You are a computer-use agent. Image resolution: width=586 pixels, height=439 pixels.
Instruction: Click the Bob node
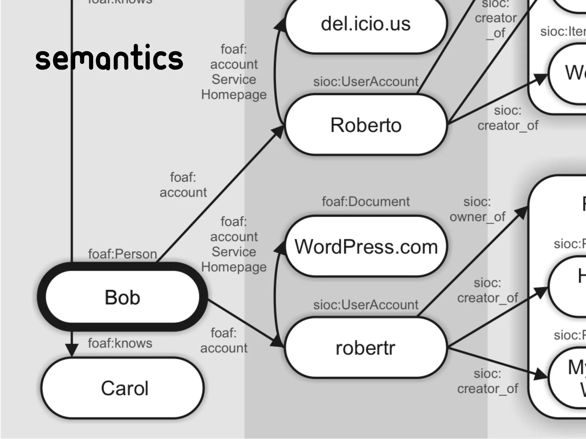tap(122, 297)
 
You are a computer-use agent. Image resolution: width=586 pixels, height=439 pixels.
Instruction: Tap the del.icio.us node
tap(366, 24)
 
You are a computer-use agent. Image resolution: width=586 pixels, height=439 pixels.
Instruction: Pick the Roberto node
tap(366, 125)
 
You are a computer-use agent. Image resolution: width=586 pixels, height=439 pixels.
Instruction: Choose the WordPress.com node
tap(366, 247)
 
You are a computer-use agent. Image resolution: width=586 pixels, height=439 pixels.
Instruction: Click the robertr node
tap(366, 348)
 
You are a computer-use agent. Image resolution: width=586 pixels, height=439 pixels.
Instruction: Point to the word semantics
tap(109, 58)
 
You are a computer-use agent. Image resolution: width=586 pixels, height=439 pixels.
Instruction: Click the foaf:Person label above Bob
tap(122, 254)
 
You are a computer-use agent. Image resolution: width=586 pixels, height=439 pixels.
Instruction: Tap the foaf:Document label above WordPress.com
tap(366, 202)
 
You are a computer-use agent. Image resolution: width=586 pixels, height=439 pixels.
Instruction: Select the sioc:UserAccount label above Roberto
tap(366, 82)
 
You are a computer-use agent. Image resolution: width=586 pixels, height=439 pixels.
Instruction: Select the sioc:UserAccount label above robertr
tap(366, 305)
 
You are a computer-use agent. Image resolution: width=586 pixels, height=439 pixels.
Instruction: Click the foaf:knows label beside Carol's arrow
tap(120, 343)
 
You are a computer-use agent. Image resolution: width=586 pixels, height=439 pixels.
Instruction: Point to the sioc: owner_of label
tap(477, 209)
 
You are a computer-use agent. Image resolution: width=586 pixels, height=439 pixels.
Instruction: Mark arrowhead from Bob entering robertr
tap(277, 342)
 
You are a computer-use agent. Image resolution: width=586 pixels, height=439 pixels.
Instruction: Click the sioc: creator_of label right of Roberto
tap(508, 118)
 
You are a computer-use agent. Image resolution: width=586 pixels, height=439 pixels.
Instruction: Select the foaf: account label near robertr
tap(224, 341)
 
